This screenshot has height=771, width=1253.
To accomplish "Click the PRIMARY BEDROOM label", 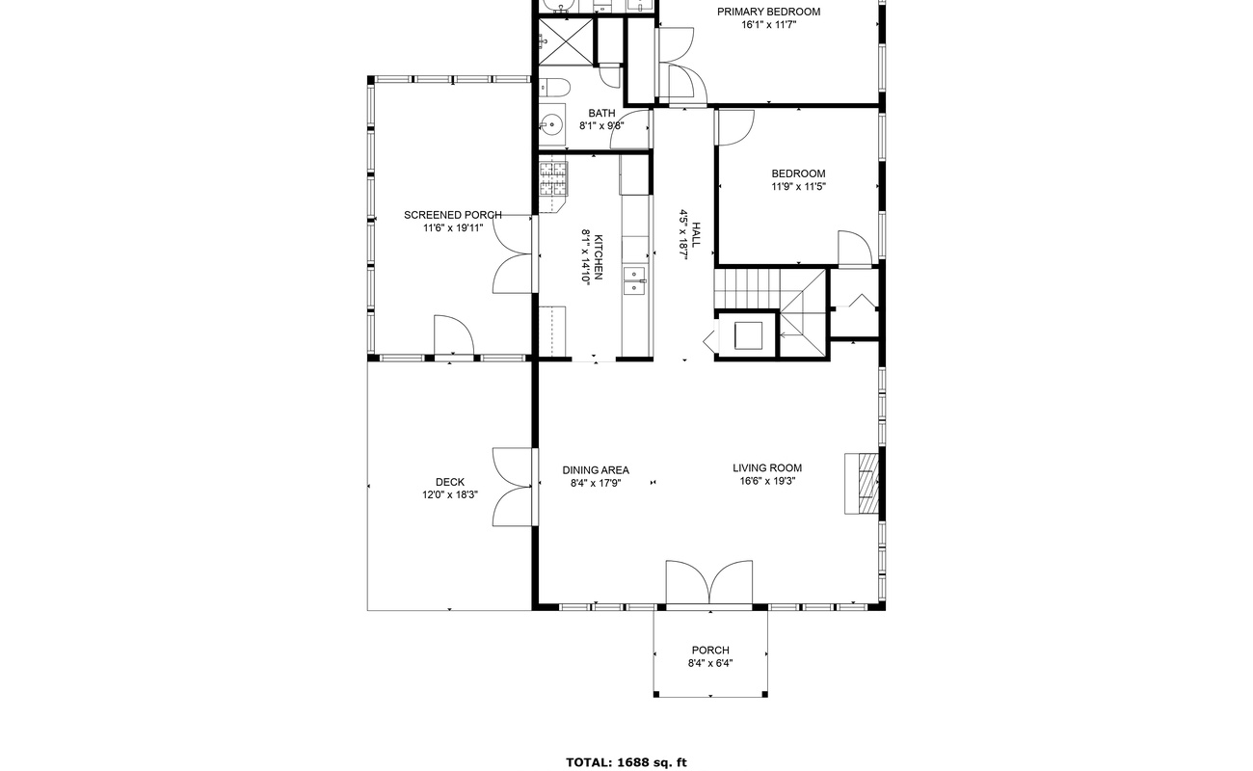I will tap(768, 12).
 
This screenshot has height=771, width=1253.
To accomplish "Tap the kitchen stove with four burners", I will tap(554, 178).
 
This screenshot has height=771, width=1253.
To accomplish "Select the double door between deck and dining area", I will tap(514, 486).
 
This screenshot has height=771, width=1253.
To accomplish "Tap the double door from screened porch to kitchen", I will tap(514, 254).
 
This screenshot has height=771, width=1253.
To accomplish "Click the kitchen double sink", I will tap(634, 280).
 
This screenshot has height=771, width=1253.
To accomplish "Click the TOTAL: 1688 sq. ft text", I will tap(626, 762).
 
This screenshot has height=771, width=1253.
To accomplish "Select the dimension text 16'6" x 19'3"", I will tap(767, 481).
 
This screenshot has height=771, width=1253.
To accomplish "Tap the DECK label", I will tap(449, 482).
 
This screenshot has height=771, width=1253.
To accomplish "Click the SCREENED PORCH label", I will tap(452, 215).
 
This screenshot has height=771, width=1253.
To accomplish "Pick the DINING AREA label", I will tap(596, 470).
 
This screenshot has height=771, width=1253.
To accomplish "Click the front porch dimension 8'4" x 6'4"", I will tap(710, 663).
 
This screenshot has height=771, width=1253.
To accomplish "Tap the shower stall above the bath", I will tap(564, 41).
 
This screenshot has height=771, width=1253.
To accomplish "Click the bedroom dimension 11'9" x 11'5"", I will tap(798, 187).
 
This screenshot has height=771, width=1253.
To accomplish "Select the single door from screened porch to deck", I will tap(453, 337).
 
